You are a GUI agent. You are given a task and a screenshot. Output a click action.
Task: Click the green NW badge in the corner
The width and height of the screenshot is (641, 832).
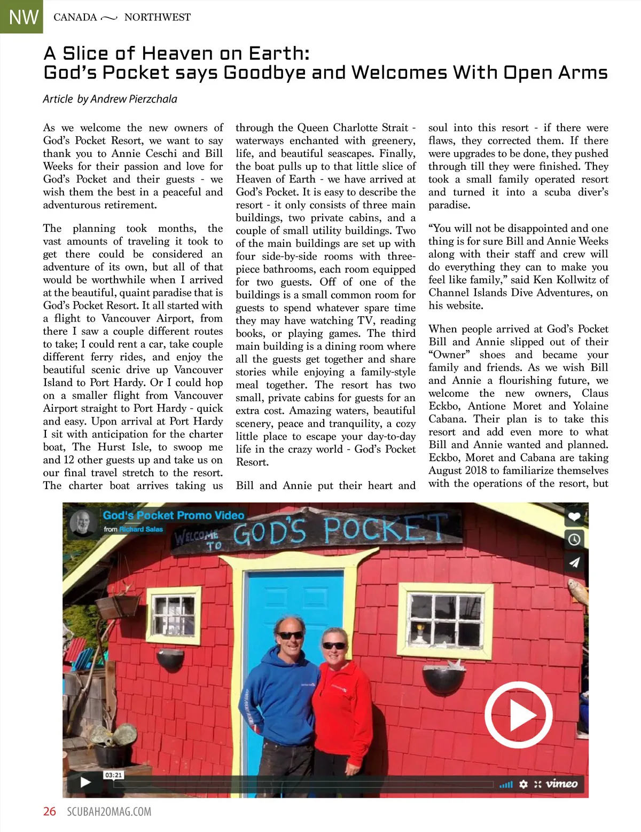(21, 17)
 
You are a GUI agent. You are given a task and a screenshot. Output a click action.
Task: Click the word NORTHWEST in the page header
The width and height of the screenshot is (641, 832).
(157, 17)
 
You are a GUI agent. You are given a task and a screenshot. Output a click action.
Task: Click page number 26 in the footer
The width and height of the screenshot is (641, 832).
(50, 811)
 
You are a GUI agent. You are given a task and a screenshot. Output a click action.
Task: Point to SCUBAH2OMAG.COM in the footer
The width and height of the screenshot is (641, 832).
(109, 812)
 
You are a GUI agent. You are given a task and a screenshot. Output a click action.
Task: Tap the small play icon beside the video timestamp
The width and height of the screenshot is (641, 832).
(85, 782)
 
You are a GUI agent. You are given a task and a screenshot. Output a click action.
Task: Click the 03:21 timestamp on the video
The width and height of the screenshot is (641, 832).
(113, 775)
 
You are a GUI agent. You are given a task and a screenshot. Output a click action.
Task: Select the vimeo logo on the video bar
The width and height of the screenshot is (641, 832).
(561, 783)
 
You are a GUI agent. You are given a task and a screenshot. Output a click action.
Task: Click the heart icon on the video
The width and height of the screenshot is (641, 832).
(574, 516)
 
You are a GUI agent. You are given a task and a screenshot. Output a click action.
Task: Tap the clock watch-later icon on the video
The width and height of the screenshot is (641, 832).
(574, 539)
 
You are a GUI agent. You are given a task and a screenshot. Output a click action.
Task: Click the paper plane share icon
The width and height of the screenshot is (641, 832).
(574, 562)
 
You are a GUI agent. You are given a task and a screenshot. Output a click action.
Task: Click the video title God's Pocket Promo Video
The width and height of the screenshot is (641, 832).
(174, 515)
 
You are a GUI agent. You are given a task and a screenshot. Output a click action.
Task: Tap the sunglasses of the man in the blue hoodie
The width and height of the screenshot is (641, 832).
(291, 635)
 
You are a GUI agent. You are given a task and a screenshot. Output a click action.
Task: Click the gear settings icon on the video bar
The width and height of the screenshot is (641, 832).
(523, 783)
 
